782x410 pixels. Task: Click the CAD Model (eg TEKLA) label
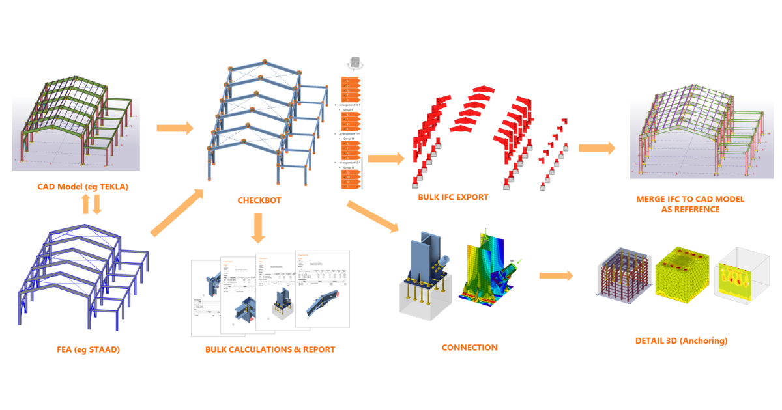point(83,187)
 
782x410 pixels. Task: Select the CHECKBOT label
point(259,200)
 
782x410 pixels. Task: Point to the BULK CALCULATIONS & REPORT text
point(270,349)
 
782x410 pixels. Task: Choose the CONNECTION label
point(469,348)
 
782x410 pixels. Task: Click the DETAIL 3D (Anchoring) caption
point(681,340)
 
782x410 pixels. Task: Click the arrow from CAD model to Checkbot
point(175,128)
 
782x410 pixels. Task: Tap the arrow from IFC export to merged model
point(596,148)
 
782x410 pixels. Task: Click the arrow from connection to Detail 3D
point(556,276)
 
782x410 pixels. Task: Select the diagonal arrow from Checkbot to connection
point(372,217)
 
